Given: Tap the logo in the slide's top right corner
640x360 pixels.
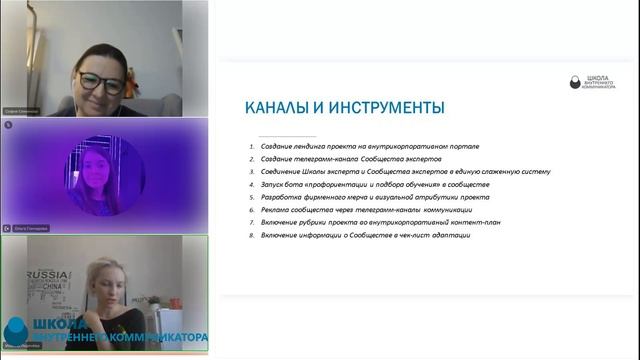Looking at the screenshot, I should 592,82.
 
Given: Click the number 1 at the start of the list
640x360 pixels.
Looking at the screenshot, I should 253,147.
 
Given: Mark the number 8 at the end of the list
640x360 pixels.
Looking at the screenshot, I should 253,235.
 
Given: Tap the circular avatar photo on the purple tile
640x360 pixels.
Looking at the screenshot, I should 104,174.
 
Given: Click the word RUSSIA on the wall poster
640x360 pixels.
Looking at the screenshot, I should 46,274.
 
